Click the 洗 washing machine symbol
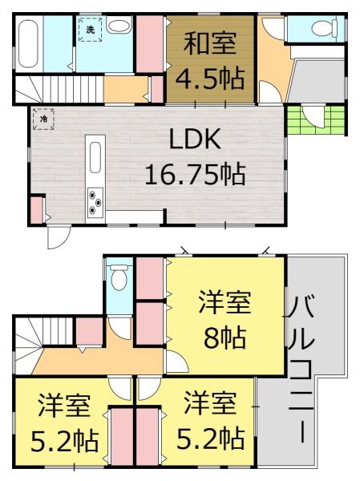pos(90,30)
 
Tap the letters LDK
pos(194,140)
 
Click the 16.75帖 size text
pos(194,172)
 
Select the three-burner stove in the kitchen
pos(95,200)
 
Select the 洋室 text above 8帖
pos(225,303)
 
